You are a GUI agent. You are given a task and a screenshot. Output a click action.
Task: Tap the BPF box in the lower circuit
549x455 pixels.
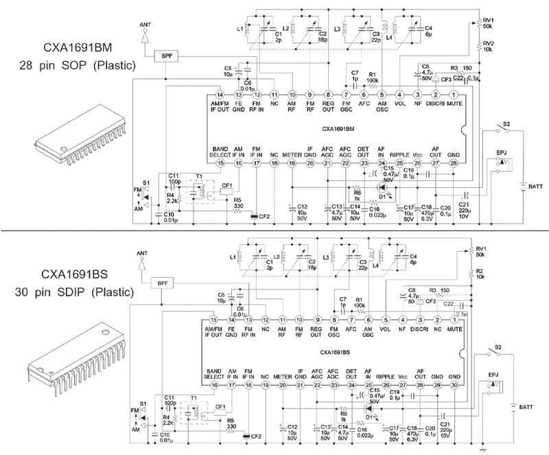coord(162,283)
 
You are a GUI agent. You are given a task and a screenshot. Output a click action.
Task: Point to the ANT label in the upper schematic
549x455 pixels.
coord(145,24)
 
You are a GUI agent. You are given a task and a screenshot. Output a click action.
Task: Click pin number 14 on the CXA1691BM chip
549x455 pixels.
coord(220,94)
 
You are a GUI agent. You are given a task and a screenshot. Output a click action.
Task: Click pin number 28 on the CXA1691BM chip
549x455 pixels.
coord(454,163)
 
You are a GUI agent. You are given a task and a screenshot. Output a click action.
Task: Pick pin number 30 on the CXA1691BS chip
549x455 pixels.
coord(454,386)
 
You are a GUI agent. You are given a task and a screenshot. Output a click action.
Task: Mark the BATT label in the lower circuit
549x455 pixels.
coord(525,407)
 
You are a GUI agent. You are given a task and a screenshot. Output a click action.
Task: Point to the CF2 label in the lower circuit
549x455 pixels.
coord(256,436)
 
